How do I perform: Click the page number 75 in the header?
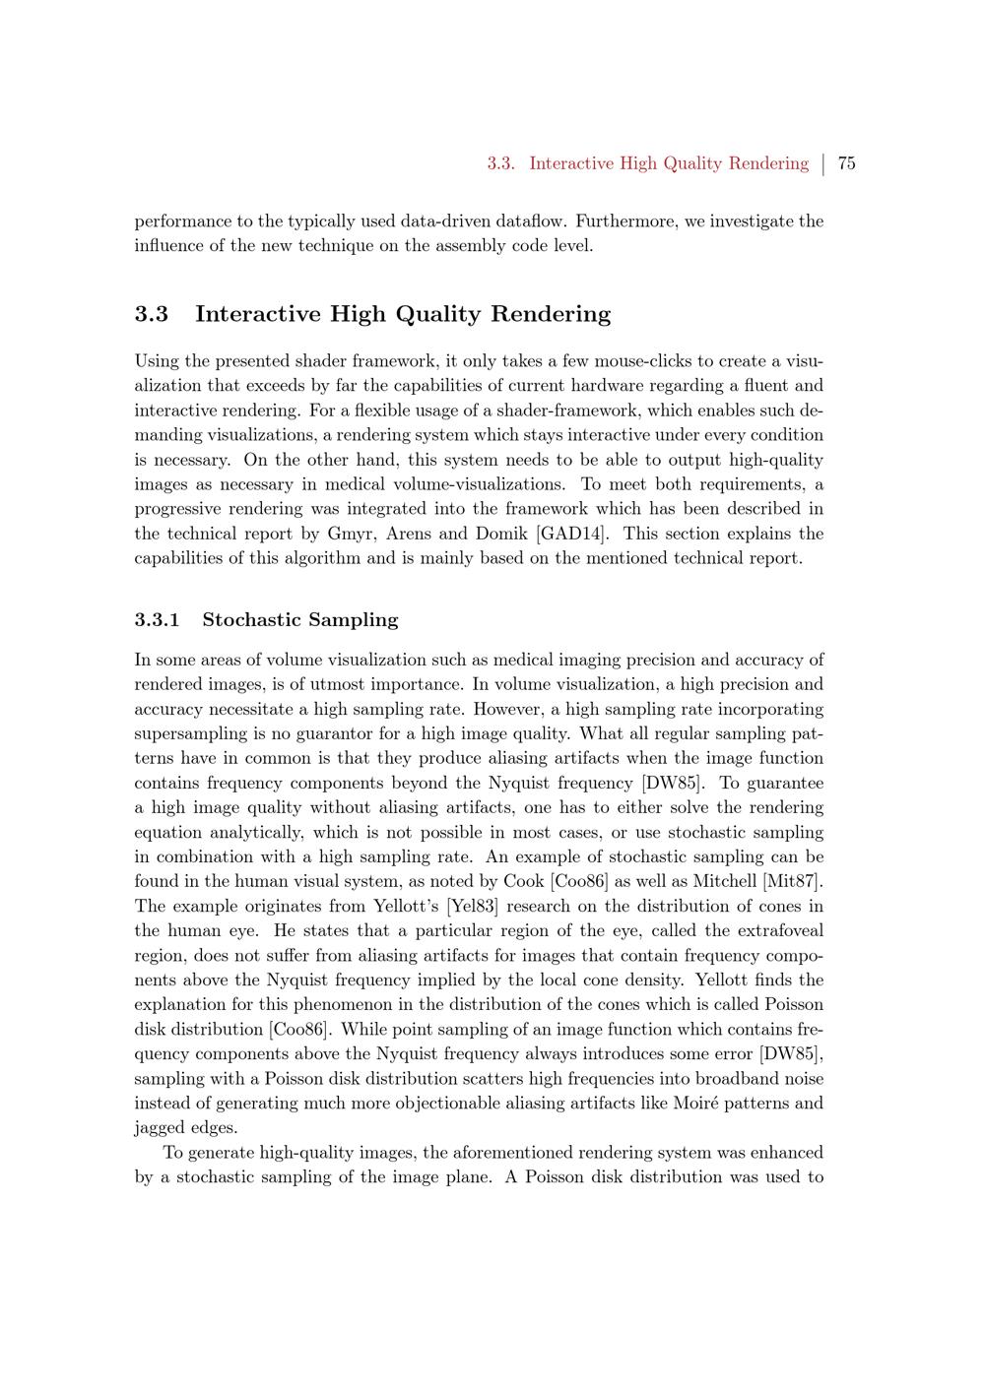(x=846, y=163)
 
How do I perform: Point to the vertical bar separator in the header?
(x=823, y=163)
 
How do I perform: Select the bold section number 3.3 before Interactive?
(x=152, y=314)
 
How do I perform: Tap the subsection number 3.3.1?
(x=158, y=620)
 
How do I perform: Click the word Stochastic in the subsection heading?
(x=251, y=620)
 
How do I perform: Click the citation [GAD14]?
(x=571, y=534)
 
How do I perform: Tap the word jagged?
(x=161, y=1127)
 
